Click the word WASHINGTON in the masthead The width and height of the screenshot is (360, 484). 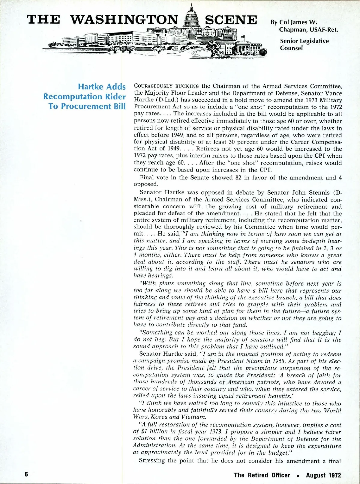pos(124,19)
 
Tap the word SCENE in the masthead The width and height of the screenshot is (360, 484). pos(231,19)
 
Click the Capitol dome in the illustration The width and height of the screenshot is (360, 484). pos(191,15)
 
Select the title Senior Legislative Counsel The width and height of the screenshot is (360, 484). pos(304,44)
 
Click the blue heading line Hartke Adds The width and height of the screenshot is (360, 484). pos(102,87)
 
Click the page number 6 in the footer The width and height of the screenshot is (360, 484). pos(26,475)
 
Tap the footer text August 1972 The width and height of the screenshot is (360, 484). pos(323,475)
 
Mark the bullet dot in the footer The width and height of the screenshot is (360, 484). pos(298,475)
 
